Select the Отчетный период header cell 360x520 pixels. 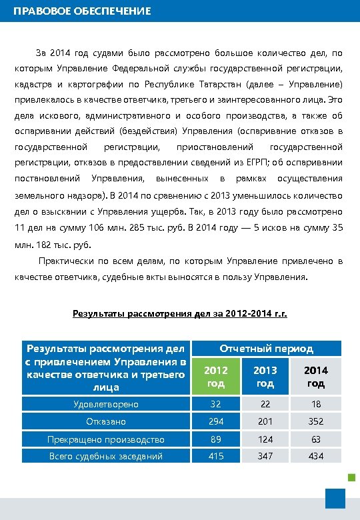point(267,348)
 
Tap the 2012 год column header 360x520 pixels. point(215,376)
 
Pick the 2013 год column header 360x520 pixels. point(265,376)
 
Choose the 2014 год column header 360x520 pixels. point(316,376)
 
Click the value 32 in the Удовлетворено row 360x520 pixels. point(215,404)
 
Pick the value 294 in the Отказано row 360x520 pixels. point(215,421)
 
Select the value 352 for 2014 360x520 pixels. point(316,421)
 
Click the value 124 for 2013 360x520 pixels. point(265,439)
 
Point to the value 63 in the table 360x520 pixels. point(316,439)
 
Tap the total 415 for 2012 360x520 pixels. point(215,456)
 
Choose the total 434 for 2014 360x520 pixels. point(316,456)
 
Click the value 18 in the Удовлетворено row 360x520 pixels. point(316,404)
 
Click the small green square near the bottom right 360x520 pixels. point(351,476)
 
